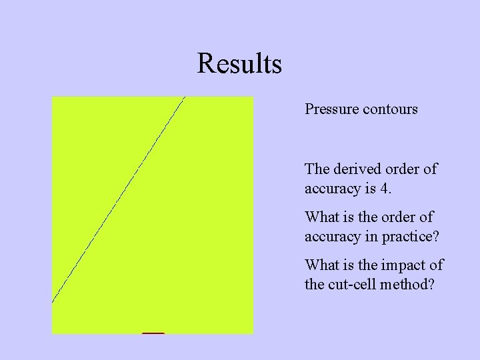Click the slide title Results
pyautogui.click(x=239, y=64)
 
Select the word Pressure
pyautogui.click(x=331, y=109)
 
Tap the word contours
pyautogui.click(x=390, y=109)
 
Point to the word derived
pyautogui.click(x=351, y=169)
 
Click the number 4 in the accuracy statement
pyautogui.click(x=385, y=189)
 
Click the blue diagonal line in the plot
pyautogui.click(x=118, y=200)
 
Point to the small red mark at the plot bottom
pyautogui.click(x=153, y=332)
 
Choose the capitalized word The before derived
pyautogui.click(x=316, y=169)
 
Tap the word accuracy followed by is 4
pyautogui.click(x=331, y=189)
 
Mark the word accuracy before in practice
pyautogui.click(x=331, y=237)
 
